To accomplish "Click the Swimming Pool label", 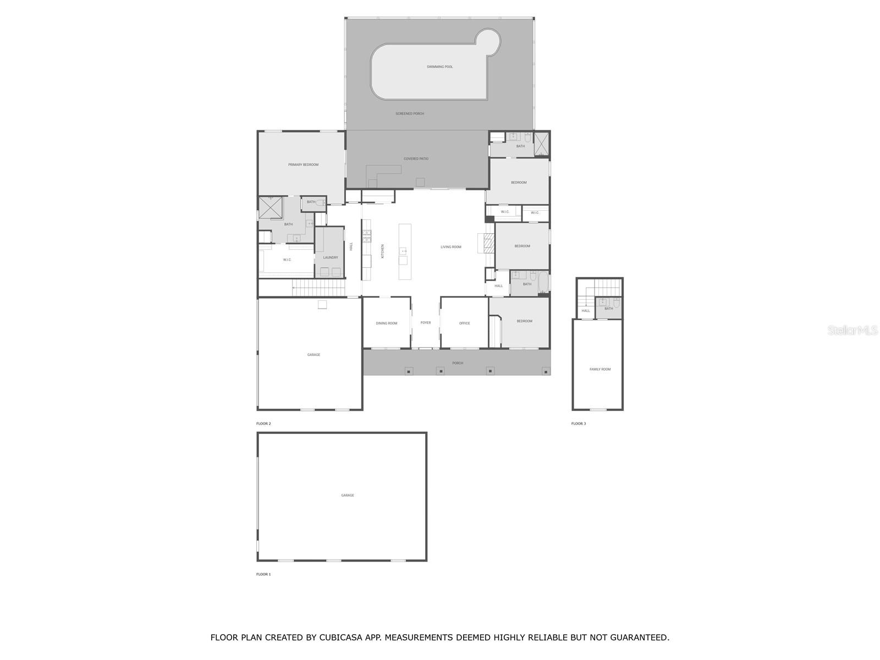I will coord(439,67).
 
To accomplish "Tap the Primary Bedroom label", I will coord(303,164).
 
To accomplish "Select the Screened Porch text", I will coord(410,114).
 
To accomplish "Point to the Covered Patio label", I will coord(416,159).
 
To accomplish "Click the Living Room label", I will coord(450,247).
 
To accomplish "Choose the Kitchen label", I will coord(383,251).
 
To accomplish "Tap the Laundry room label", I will coord(331,257).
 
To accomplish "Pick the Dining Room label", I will coord(386,323).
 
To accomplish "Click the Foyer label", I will coord(425,323).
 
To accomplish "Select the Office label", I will coord(464,323).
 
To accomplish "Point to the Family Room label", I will coord(599,370).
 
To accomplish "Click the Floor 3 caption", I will coord(579,424).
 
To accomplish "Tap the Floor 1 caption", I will coord(263,574).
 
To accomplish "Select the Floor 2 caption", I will coord(263,424).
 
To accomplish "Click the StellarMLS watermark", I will coord(853,331).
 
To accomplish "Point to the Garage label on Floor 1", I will coord(347,496).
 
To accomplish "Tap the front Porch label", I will coord(458,363).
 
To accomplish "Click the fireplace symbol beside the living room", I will coord(490,243).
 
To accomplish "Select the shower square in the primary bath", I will coord(271,207).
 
